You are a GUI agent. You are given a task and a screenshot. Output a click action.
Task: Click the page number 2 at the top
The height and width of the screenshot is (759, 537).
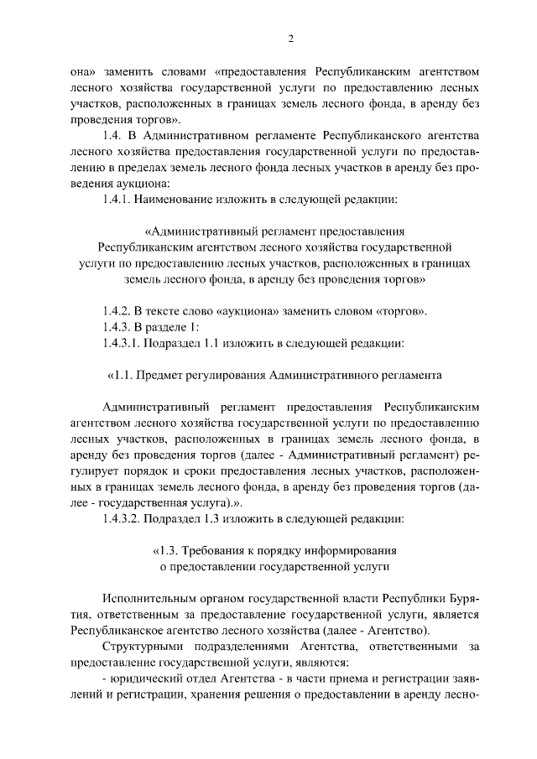click(x=291, y=39)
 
